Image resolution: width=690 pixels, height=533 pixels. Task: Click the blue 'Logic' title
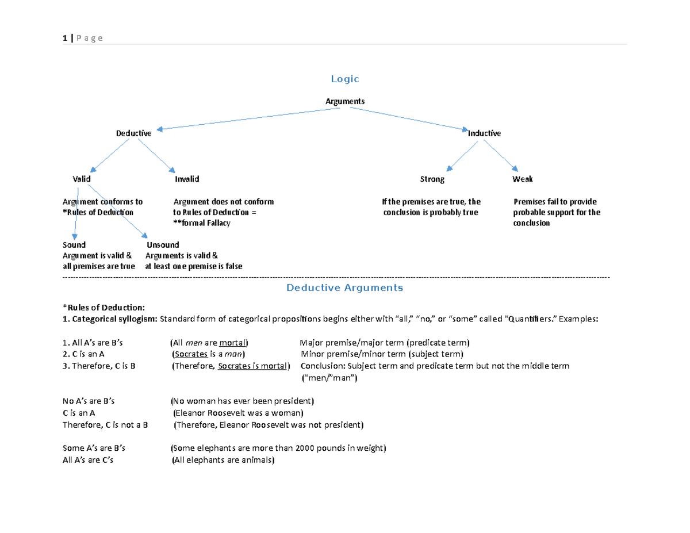[x=345, y=79]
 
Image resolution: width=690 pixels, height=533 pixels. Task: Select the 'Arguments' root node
[x=345, y=101]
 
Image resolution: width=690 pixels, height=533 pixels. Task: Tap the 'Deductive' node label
[x=134, y=133]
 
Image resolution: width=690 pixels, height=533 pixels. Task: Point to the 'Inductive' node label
[x=484, y=133]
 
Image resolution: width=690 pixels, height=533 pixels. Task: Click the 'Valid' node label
[x=82, y=179]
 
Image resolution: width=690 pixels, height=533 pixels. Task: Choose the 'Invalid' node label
[x=187, y=179]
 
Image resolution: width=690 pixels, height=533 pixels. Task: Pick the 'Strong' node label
[x=432, y=179]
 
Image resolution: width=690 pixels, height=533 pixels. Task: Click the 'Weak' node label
[x=522, y=179]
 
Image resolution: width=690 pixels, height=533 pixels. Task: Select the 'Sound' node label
[x=74, y=245]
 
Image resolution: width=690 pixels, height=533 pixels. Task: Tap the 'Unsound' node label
[x=163, y=245]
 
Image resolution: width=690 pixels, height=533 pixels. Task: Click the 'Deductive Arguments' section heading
[x=345, y=287]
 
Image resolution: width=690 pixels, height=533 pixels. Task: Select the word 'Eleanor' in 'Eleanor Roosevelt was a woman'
[x=191, y=413]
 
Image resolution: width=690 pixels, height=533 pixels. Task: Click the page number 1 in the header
[x=64, y=38]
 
